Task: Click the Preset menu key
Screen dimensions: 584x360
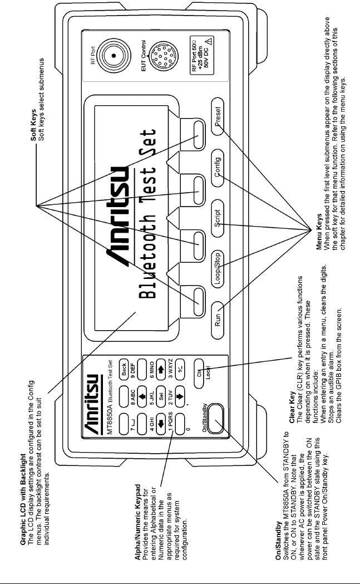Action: click(218, 119)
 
